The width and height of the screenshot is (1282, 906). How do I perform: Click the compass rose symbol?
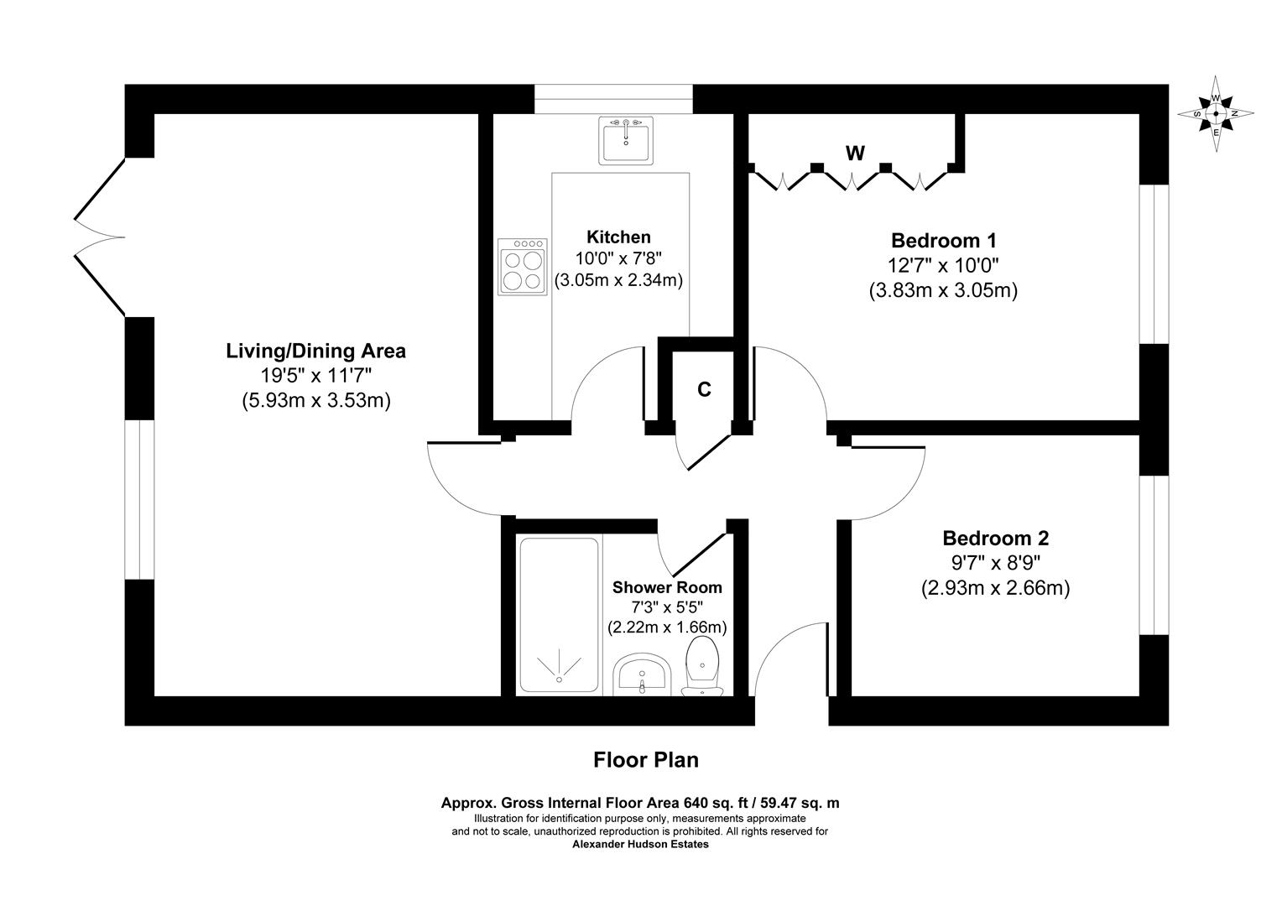1216,113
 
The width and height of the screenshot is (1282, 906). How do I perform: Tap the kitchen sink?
625,140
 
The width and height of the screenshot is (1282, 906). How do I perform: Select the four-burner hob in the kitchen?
522,267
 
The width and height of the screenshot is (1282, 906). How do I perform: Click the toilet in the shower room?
702,667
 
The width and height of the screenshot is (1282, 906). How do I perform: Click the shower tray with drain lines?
558,617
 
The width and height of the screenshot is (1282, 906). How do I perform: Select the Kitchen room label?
618,237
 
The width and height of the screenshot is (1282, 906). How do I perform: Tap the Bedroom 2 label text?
995,538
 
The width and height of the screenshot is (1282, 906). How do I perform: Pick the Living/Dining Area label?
315,351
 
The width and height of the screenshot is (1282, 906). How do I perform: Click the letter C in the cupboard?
705,389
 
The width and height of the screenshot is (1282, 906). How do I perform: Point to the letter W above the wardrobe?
855,153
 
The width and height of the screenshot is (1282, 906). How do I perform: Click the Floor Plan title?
645,760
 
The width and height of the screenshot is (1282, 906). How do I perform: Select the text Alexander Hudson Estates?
640,845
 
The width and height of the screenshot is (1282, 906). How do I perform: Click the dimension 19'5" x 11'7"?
315,376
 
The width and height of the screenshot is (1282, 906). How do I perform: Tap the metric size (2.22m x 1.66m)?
667,627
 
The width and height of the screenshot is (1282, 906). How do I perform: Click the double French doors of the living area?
99,237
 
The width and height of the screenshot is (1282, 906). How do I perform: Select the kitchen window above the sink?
614,99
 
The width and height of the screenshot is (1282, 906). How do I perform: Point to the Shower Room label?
667,587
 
